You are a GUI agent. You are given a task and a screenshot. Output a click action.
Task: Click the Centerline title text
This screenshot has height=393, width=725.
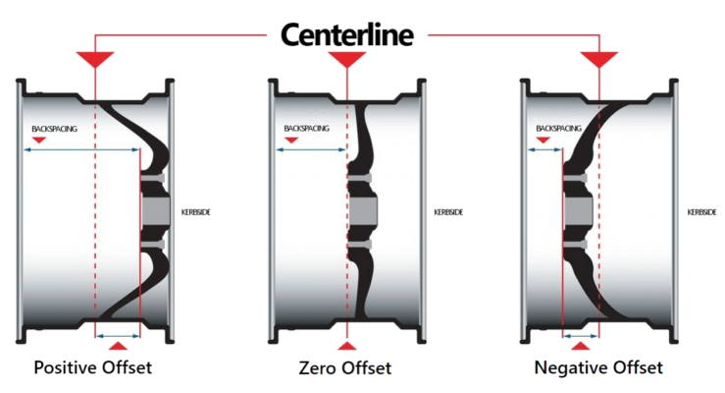[x=347, y=34]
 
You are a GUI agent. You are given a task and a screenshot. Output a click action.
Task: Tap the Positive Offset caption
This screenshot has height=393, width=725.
[x=95, y=367]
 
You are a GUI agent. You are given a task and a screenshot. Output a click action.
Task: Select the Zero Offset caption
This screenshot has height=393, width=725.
[x=345, y=368]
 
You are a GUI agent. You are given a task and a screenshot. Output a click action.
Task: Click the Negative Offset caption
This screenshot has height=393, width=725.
[x=598, y=367]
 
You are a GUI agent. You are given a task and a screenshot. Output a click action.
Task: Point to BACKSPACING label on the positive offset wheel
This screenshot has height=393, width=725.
[x=54, y=129]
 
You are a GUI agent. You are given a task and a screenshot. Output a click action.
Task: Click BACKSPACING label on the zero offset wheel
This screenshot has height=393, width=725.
[x=307, y=129]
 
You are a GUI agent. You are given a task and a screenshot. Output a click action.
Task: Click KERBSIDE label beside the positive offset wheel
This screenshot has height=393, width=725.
[x=195, y=212]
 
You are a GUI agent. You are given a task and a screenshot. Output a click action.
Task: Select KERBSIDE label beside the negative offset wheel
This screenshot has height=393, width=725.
[x=701, y=212]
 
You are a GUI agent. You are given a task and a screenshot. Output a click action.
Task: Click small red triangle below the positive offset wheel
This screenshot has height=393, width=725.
[x=117, y=347]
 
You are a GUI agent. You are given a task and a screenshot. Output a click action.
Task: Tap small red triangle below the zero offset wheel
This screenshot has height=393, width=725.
[x=346, y=347]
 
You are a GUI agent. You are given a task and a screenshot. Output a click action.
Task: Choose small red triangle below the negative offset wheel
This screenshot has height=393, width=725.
[x=581, y=347]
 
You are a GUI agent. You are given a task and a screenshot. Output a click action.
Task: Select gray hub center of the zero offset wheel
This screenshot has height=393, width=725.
[x=364, y=210]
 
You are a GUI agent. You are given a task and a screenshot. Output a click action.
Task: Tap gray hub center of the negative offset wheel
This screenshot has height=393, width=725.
[x=578, y=210]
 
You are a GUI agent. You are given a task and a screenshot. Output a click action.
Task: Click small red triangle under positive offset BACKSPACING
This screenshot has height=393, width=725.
[x=38, y=141]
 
